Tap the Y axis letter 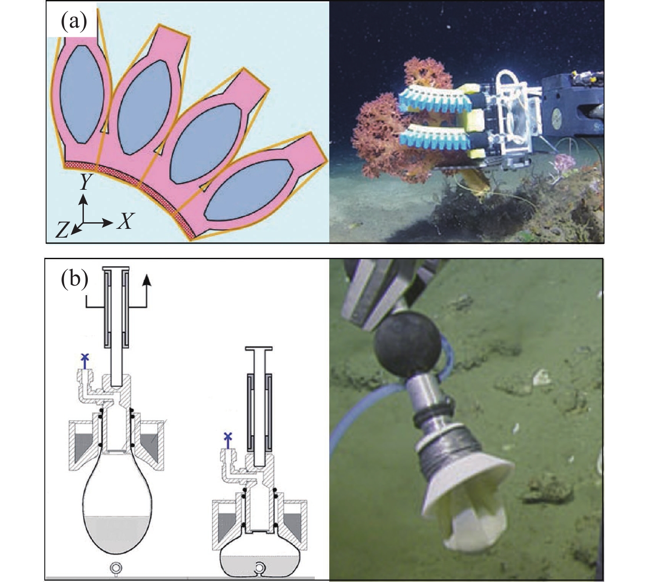click(85, 181)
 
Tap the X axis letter click(125, 221)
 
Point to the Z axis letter click(63, 230)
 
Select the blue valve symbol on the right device click(228, 438)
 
